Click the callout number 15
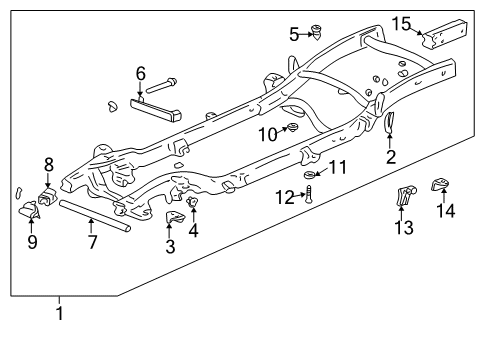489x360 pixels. (401, 24)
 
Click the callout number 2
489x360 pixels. (391, 156)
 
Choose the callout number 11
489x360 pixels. (338, 167)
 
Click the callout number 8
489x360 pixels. (48, 163)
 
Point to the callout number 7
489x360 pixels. (92, 241)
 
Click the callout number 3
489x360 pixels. (170, 246)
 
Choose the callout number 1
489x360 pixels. (59, 314)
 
